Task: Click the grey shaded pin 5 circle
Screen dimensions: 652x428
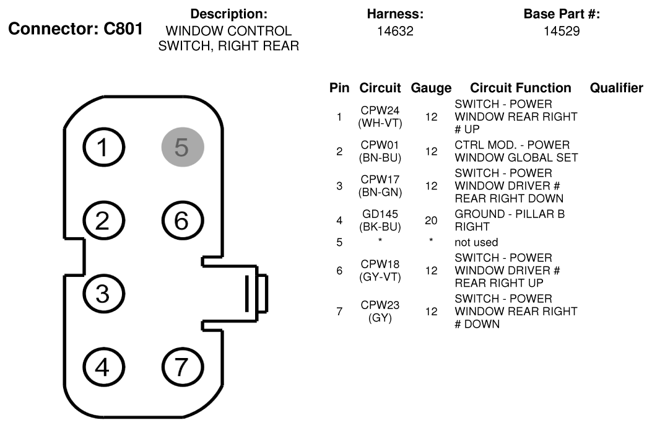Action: coord(183,147)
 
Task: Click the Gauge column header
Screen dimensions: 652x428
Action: coord(431,88)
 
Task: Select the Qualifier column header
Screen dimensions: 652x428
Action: coord(617,88)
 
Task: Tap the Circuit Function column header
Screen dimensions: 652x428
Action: coord(521,88)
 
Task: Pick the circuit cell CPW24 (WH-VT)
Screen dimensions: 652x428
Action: coord(380,117)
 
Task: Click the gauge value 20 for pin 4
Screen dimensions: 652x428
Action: coord(431,221)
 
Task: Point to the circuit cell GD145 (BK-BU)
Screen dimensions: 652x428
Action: coord(380,221)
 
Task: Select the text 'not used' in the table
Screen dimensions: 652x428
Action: coord(476,242)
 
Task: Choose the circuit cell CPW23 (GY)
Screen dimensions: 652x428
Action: coord(380,311)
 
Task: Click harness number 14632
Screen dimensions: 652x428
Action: coord(395,31)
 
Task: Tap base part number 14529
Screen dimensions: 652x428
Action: coord(562,31)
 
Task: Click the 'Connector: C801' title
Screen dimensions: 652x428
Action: coord(76,28)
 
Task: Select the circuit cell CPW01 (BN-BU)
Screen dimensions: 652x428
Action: coord(380,151)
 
